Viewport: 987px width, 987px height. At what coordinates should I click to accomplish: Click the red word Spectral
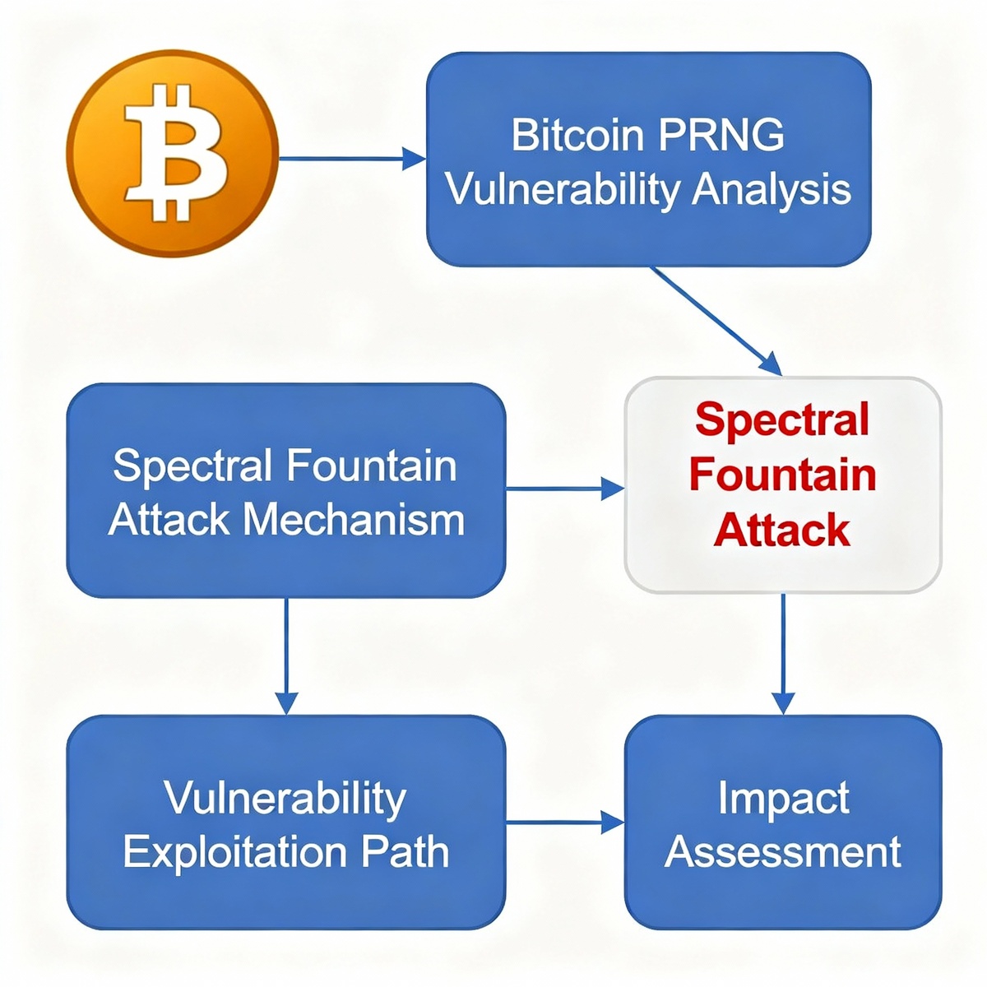tap(782, 420)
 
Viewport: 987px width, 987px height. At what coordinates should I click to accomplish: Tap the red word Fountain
tap(782, 475)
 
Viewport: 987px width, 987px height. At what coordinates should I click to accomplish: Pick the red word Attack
tap(782, 530)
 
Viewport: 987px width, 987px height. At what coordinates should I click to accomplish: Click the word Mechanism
tap(354, 520)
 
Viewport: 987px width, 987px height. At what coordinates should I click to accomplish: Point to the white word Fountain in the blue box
tap(371, 466)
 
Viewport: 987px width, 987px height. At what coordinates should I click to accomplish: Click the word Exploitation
tap(235, 852)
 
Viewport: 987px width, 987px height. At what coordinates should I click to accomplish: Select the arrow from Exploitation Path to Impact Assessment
tap(564, 822)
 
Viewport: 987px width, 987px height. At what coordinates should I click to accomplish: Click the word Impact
tap(783, 799)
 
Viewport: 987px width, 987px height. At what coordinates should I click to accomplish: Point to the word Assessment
tap(783, 852)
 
